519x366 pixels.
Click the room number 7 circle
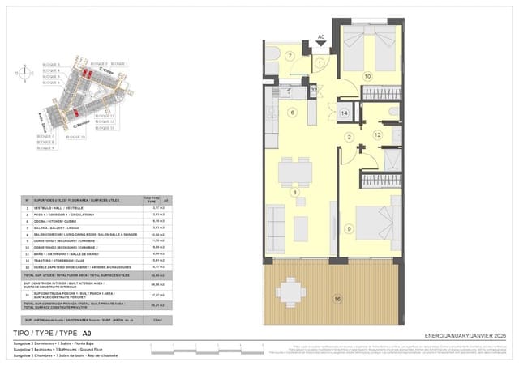click(x=290, y=56)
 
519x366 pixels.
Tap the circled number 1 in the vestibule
click(x=320, y=62)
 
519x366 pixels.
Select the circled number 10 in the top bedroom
click(x=367, y=76)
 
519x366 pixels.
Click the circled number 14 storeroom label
click(x=344, y=113)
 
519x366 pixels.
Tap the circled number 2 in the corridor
click(x=349, y=138)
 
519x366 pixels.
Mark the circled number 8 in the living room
click(x=294, y=192)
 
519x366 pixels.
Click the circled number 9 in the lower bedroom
click(x=349, y=229)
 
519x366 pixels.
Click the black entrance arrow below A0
click(x=321, y=45)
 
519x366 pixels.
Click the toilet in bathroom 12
click(x=394, y=112)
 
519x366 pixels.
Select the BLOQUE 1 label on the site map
click(x=119, y=63)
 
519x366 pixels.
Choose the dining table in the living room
click(x=295, y=171)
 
